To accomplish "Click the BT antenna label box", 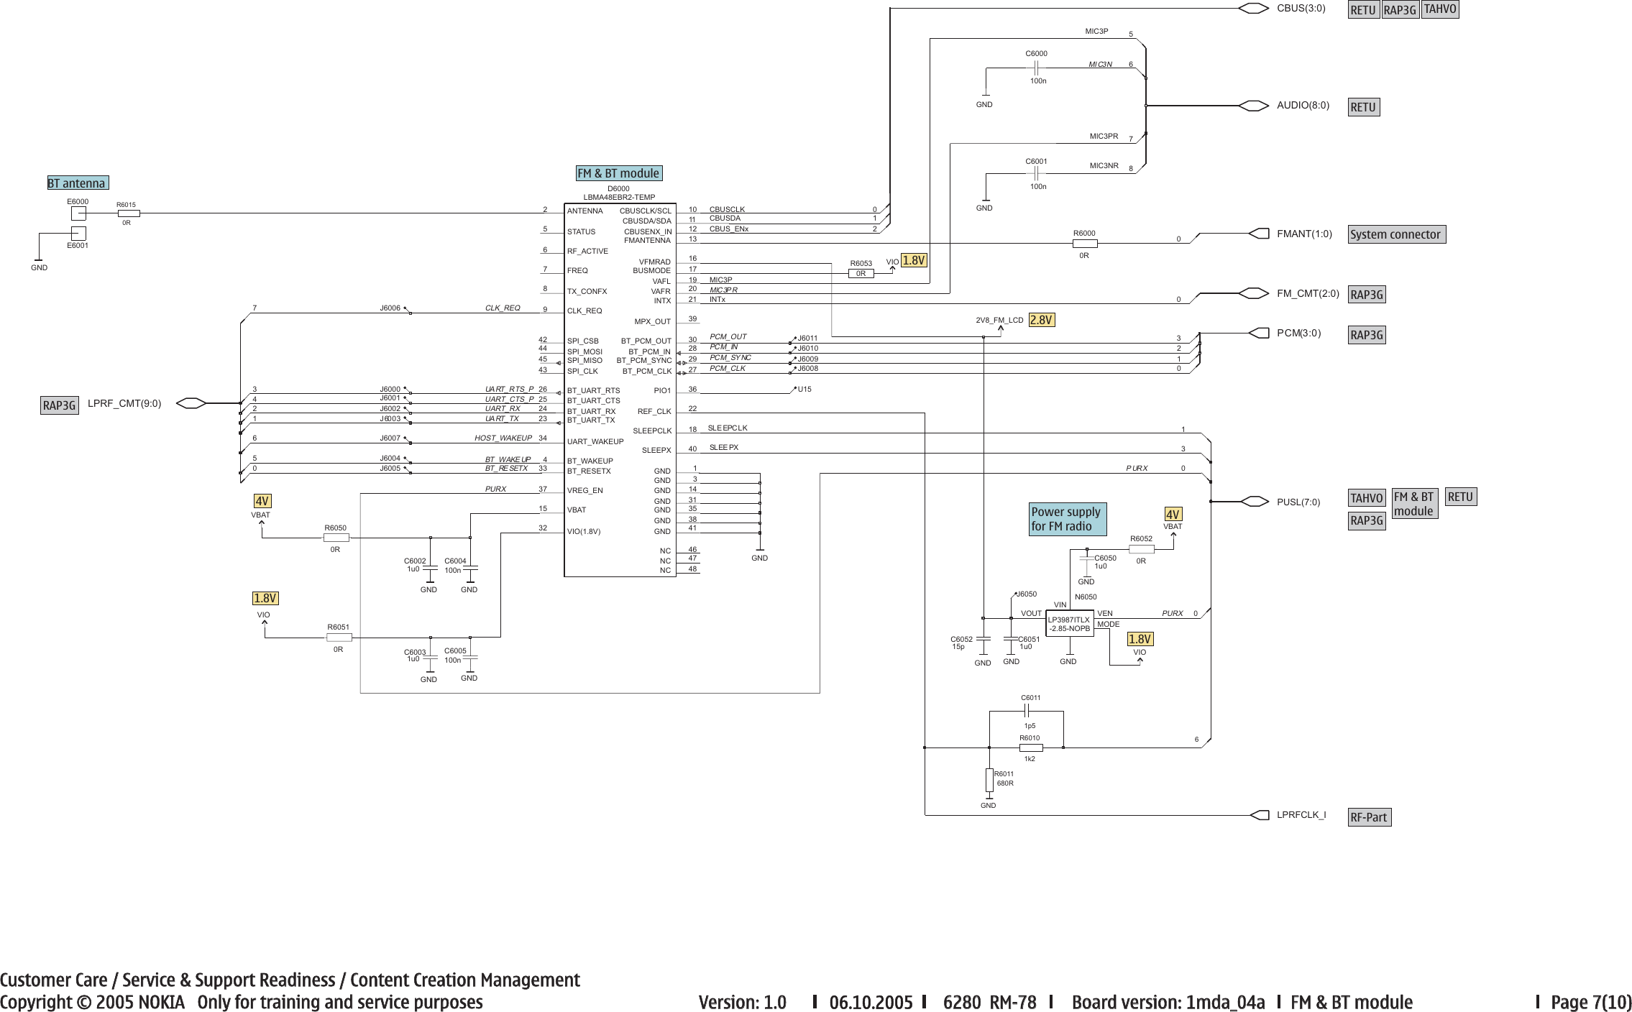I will click(78, 183).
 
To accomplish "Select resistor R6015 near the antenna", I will click(128, 213).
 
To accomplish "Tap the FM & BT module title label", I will click(618, 173).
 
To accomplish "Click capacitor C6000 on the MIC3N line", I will click(1037, 68).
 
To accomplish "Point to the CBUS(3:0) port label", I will click(1301, 9).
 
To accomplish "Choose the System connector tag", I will click(1395, 234).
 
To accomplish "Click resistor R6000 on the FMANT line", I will click(1084, 244).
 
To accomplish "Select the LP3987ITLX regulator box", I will click(1069, 624).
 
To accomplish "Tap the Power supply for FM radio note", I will click(1066, 519).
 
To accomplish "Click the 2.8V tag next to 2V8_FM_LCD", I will click(1042, 320).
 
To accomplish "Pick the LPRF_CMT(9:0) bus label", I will click(124, 403).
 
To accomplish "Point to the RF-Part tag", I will click(1369, 817).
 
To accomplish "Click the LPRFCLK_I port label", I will click(1301, 815).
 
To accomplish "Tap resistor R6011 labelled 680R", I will click(989, 780).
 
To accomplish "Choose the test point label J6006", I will click(390, 308).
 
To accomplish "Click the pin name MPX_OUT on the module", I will click(652, 322).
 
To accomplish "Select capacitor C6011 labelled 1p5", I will click(1027, 711).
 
